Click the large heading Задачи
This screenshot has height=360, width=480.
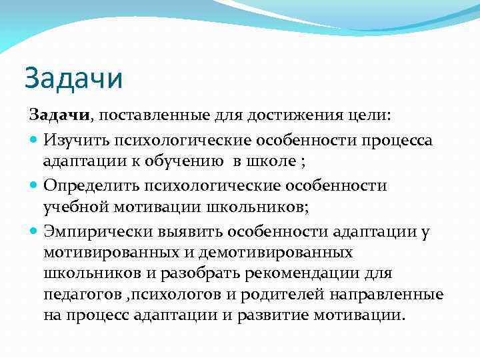[x=74, y=78]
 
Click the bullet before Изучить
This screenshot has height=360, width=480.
[x=35, y=141]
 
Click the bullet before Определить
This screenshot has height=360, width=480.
[x=35, y=185]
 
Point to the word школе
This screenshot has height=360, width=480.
[x=275, y=162]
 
